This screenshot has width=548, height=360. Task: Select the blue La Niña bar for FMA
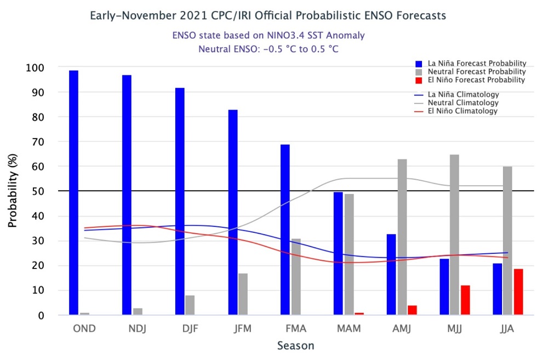click(x=285, y=230)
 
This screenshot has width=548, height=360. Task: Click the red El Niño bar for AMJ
click(x=412, y=310)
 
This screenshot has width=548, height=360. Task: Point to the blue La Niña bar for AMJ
click(x=391, y=275)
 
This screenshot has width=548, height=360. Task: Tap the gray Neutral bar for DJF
click(x=190, y=305)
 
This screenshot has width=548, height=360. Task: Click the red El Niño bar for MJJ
click(x=465, y=300)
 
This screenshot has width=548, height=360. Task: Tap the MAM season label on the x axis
click(x=349, y=329)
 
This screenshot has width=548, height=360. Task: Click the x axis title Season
click(x=295, y=346)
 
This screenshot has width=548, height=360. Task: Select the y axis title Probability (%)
click(x=12, y=191)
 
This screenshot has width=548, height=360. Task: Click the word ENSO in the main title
click(x=345, y=15)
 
